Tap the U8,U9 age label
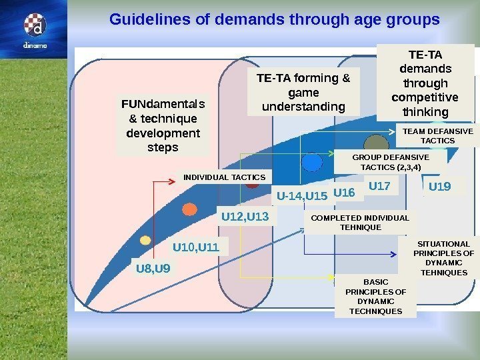pyautogui.click(x=153, y=269)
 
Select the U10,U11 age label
pyautogui.click(x=196, y=248)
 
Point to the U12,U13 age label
pyautogui.click(x=245, y=217)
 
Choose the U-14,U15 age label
pyautogui.click(x=302, y=196)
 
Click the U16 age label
pyautogui.click(x=344, y=193)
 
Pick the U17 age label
pyautogui.click(x=379, y=185)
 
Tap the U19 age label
pyautogui.click(x=439, y=187)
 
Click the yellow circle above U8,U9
pyautogui.click(x=145, y=240)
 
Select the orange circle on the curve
pyautogui.click(x=190, y=209)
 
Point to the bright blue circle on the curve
pyautogui.click(x=311, y=162)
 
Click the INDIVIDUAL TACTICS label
pyautogui.click(x=224, y=177)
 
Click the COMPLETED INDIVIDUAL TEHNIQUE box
pyautogui.click(x=360, y=223)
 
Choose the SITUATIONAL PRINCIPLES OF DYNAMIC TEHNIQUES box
pyautogui.click(x=443, y=258)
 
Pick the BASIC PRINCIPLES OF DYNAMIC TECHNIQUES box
pyautogui.click(x=375, y=297)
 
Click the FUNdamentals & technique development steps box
pyautogui.click(x=163, y=125)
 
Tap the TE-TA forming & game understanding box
pyautogui.click(x=303, y=93)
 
